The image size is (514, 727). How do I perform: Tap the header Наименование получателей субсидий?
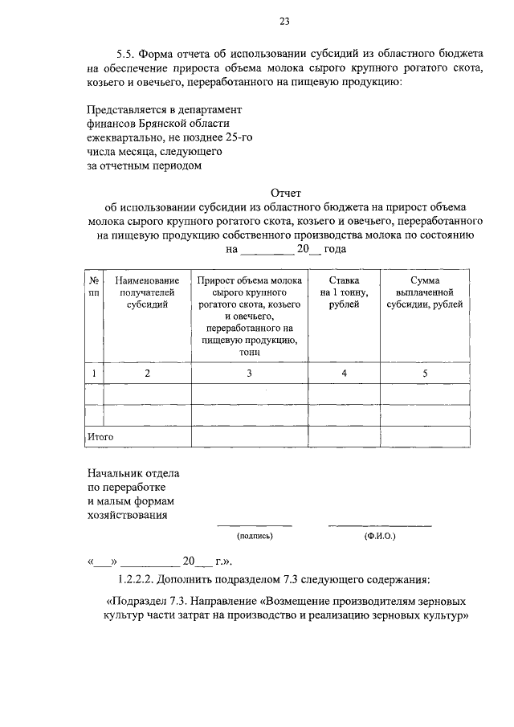coord(147,293)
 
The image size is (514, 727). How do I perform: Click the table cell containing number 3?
coord(249,373)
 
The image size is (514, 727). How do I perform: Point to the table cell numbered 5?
coord(425,373)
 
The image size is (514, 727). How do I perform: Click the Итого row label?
coord(100,436)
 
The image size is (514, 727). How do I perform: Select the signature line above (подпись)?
coord(255,526)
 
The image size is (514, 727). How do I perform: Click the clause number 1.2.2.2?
coord(138,578)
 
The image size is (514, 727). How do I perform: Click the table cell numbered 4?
coord(344,373)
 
